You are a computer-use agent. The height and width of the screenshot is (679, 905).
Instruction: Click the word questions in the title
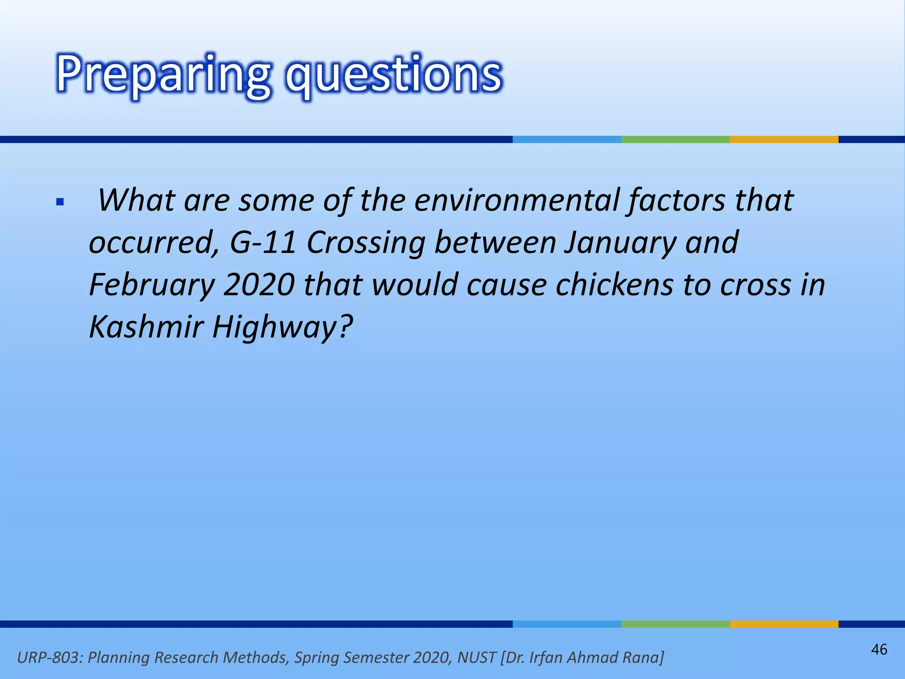click(393, 74)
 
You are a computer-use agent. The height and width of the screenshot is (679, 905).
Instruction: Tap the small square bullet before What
click(61, 203)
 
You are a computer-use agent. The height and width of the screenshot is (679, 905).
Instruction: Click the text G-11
click(262, 243)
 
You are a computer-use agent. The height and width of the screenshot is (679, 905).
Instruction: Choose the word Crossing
click(366, 243)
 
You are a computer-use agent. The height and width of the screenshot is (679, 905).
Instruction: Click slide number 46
click(879, 649)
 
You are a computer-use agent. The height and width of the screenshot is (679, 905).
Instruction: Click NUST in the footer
click(476, 657)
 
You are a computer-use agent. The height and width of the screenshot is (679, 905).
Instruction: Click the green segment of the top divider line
click(675, 139)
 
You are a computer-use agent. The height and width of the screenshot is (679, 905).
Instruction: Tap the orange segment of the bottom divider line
click(784, 624)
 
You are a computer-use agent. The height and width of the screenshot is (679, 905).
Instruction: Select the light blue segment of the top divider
click(567, 139)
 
